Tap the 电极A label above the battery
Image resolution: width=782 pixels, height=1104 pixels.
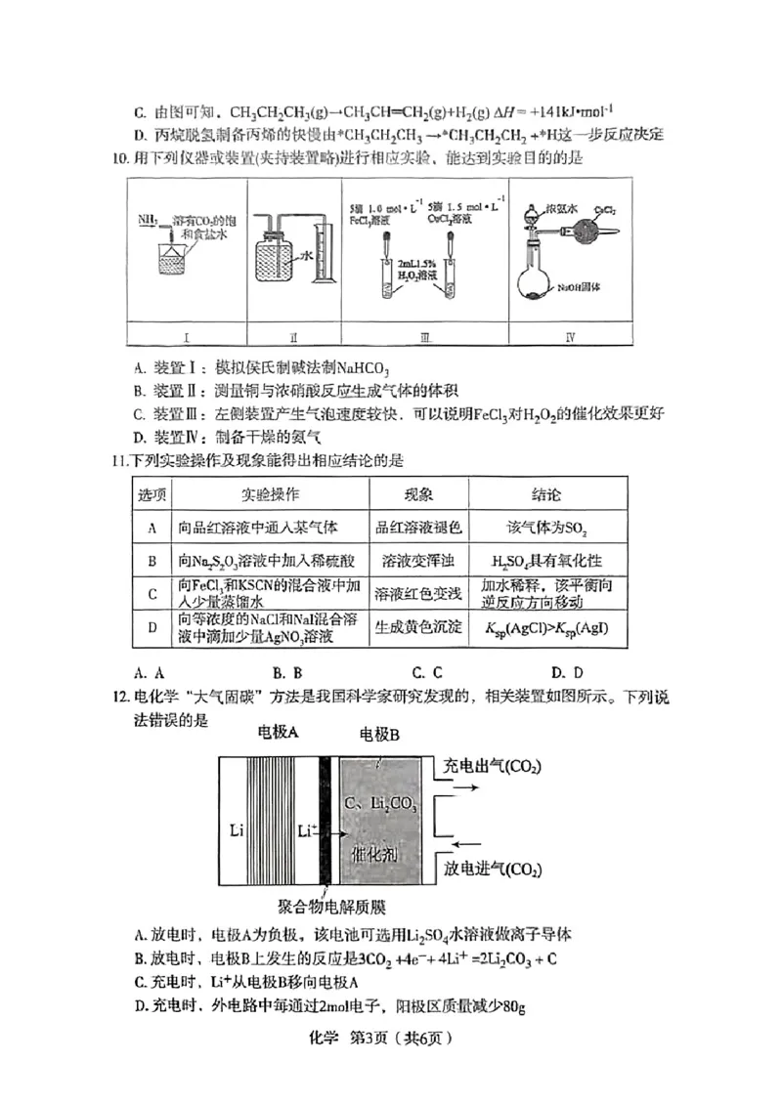(279, 732)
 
